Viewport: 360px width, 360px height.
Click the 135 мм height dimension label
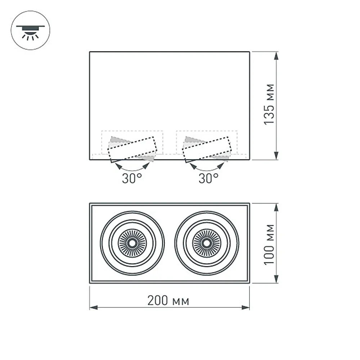pos(269,104)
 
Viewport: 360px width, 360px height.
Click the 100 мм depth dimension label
pos(269,244)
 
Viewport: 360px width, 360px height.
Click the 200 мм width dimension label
pos(168,301)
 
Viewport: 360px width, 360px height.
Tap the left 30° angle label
pos(131,179)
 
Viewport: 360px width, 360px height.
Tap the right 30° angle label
pos(208,179)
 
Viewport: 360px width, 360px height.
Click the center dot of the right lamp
pos(207,243)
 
